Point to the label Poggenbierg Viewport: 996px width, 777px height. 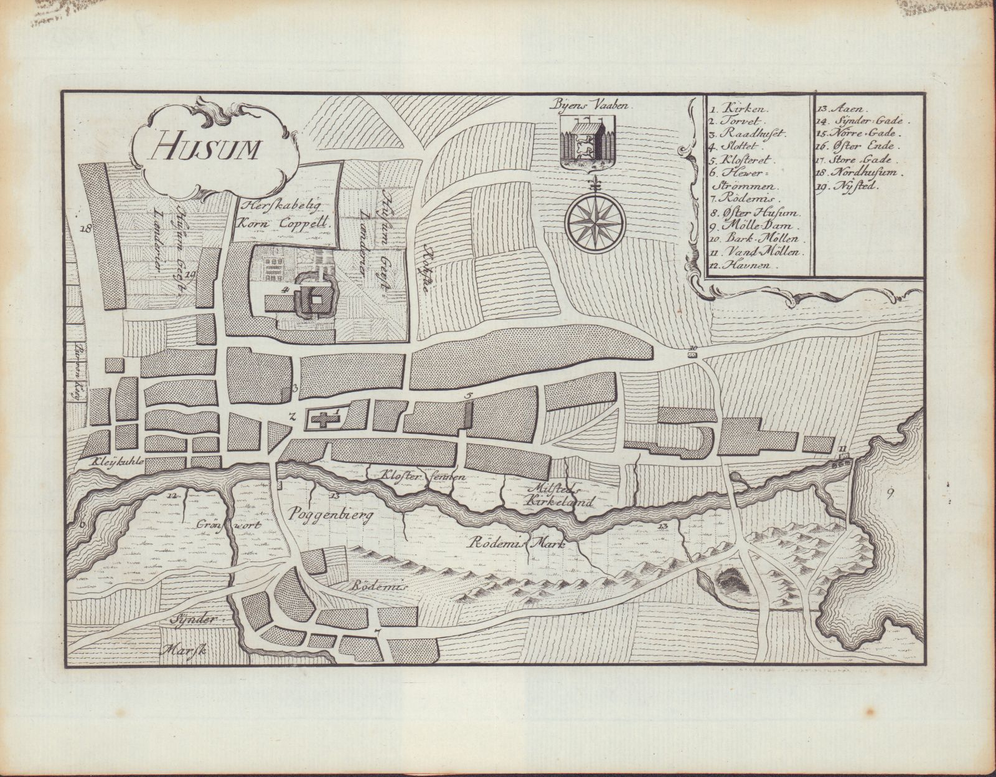pos(321,516)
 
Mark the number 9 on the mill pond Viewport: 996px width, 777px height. pos(891,496)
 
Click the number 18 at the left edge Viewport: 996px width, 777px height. pos(86,229)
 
